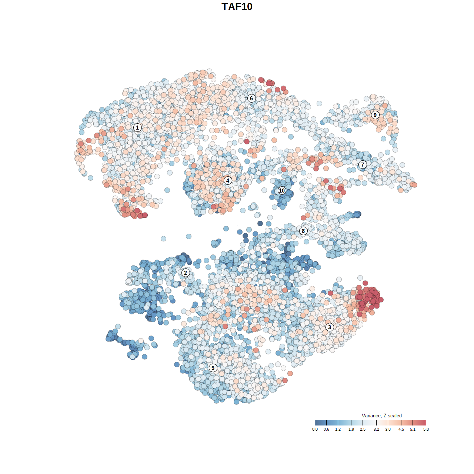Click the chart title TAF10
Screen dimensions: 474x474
pos(237,7)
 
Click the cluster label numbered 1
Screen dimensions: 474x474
pos(137,127)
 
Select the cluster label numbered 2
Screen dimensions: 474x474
pos(186,273)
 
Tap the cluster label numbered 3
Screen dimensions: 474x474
pos(330,327)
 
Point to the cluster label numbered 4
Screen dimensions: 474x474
pos(228,180)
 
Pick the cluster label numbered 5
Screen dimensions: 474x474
pos(213,368)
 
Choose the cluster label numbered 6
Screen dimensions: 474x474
pos(251,98)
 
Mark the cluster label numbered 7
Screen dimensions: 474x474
pos(363,164)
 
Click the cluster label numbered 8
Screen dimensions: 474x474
pos(303,231)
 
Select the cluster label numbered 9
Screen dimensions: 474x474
pos(375,115)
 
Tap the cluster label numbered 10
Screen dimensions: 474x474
pos(282,190)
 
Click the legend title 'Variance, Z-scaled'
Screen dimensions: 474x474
pos(381,415)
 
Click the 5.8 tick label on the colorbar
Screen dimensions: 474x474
pos(426,429)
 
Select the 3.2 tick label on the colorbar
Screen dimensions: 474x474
pos(376,429)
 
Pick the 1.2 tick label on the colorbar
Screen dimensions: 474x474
pos(338,429)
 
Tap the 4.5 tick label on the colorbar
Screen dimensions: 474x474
pos(401,429)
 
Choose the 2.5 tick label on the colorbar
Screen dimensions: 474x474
pos(363,429)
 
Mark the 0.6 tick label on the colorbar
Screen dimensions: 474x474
pos(326,429)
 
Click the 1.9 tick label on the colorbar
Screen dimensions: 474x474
pos(351,429)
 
